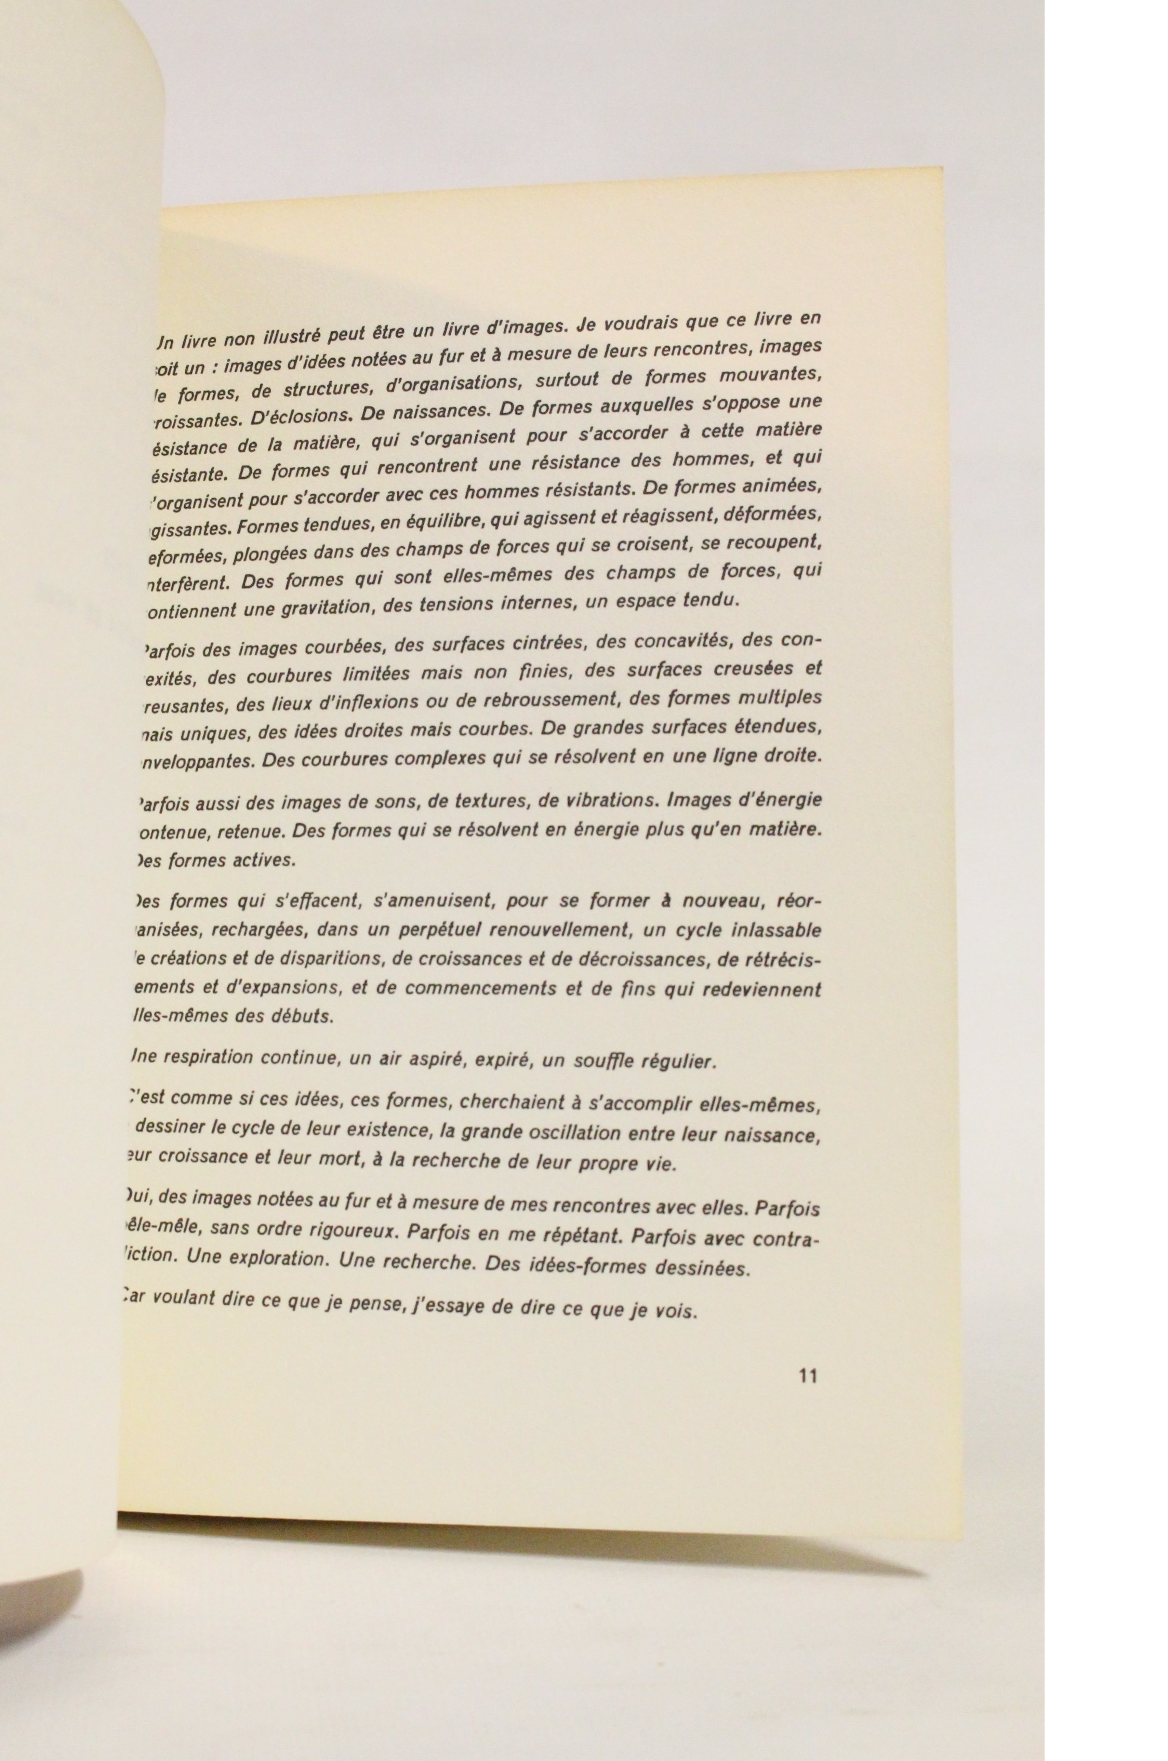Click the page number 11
point(808,1375)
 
